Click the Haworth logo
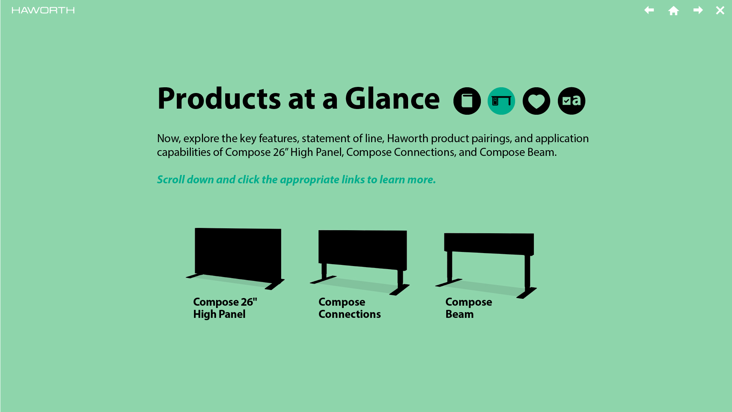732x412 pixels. (43, 10)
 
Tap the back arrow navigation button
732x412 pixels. (649, 10)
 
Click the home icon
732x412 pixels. (674, 10)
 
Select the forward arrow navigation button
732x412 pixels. (698, 10)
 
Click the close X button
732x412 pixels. (720, 10)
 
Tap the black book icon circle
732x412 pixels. (467, 101)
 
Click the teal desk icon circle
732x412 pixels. (501, 101)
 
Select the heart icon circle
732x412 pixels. (537, 101)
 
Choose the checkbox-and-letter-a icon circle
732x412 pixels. (572, 101)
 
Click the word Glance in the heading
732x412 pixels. (392, 98)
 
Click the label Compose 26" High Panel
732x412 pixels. (225, 308)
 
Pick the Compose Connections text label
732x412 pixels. (350, 308)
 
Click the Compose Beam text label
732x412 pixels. (469, 308)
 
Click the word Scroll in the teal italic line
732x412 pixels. (171, 180)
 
